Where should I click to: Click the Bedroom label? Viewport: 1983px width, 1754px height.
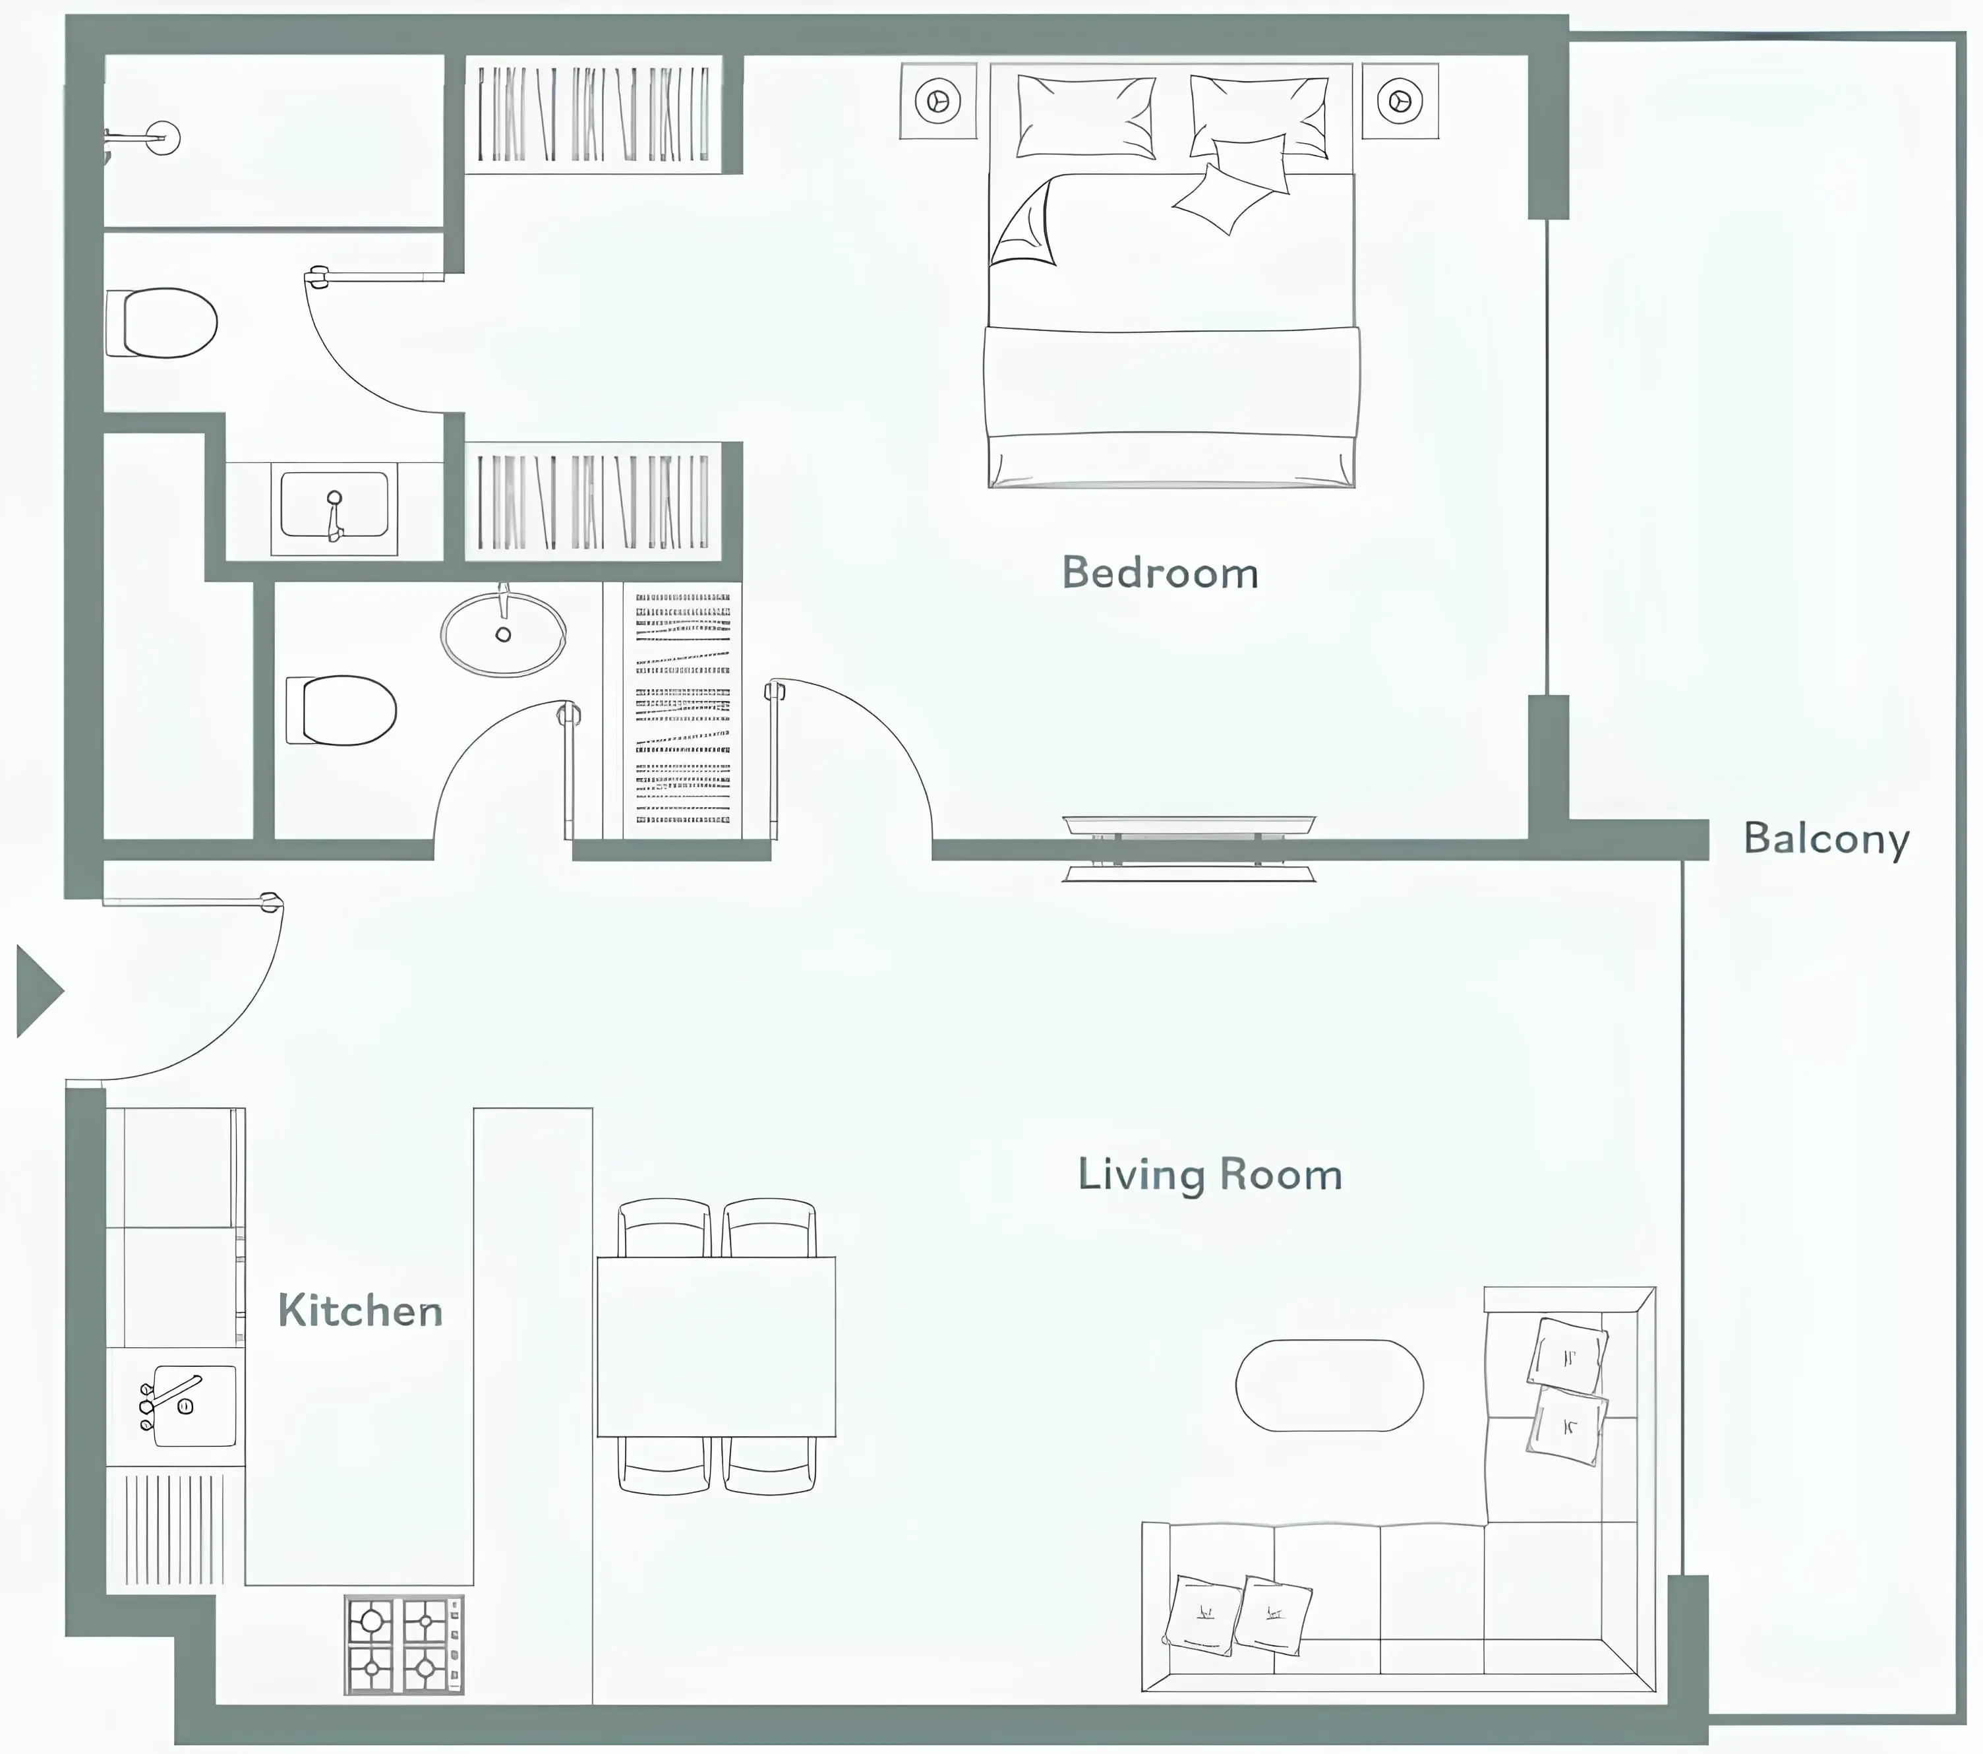pos(1160,574)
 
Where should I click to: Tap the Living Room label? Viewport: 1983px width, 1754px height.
pos(1210,1175)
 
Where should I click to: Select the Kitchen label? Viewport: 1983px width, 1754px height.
pos(360,1311)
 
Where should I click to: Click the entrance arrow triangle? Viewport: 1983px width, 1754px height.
pos(37,992)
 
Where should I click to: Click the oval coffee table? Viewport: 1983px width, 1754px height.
pos(1329,1385)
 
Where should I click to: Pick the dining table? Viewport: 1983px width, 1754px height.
pos(716,1346)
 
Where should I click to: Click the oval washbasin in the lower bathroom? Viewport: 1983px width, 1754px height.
pos(504,634)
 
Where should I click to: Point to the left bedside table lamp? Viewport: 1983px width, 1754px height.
pos(937,101)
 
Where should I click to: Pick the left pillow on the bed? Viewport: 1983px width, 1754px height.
pos(1084,117)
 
